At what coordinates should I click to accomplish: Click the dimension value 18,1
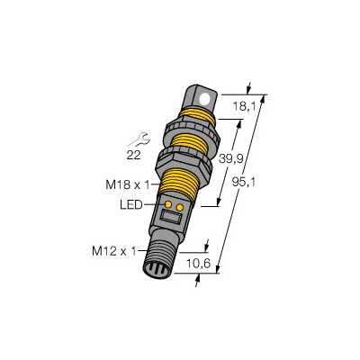[x=245, y=106]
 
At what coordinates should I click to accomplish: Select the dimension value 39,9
[x=230, y=159]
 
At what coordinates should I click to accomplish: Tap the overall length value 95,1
[x=244, y=182]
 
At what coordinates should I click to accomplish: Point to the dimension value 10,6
[x=199, y=264]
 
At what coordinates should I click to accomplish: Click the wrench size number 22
[x=134, y=155]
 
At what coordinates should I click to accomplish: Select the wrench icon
[x=139, y=139]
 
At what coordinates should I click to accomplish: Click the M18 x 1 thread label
[x=128, y=184]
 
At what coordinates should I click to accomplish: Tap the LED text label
[x=131, y=205]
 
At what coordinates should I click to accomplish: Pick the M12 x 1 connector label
[x=114, y=251]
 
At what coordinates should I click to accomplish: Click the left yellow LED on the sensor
[x=168, y=205]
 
